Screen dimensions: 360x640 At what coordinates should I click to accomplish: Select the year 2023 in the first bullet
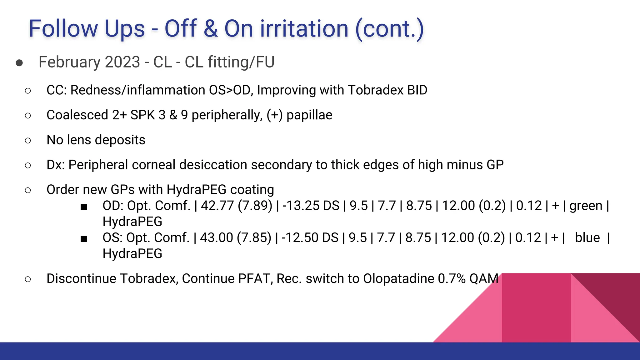tap(122, 62)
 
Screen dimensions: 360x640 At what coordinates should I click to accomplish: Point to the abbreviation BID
tap(417, 90)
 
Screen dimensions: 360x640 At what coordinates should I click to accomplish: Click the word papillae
tap(309, 115)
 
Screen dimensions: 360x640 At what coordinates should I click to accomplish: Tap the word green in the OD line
tap(586, 206)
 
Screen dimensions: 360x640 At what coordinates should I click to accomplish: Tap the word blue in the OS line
tap(587, 238)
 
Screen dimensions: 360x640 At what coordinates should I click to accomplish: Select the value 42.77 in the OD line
tap(217, 206)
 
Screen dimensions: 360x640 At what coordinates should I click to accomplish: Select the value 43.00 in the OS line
tap(216, 238)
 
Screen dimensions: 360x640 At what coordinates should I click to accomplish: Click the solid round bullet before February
tap(19, 63)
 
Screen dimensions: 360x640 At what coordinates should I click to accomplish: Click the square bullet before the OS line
tap(84, 239)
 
